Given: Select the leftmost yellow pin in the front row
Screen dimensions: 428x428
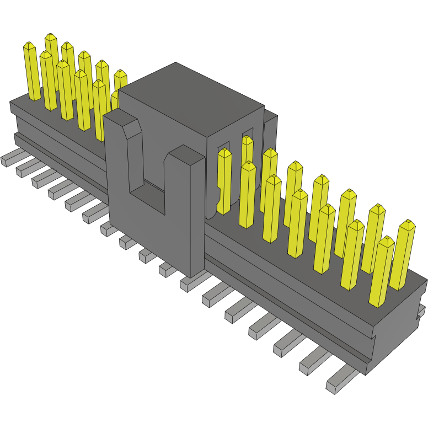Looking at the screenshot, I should pos(32,72).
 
